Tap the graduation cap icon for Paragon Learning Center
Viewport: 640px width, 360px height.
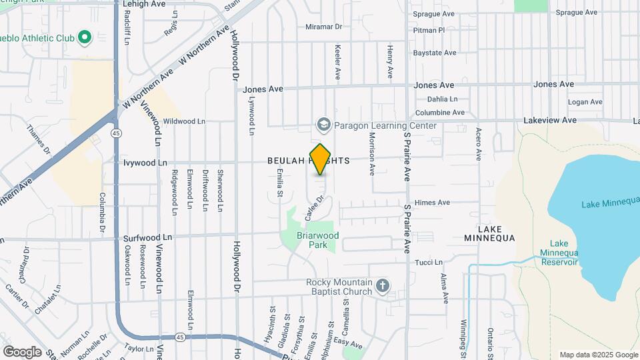coord(323,125)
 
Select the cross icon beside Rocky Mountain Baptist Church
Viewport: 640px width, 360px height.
coord(382,287)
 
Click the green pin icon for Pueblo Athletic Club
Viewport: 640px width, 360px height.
coord(85,37)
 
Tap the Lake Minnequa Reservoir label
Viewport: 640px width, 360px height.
coord(559,253)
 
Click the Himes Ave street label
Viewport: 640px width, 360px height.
coord(433,203)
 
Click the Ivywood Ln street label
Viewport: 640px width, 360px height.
coord(145,162)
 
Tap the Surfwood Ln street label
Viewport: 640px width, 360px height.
coord(147,237)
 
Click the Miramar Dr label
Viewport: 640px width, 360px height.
coord(323,27)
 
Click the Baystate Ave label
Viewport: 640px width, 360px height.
coord(435,52)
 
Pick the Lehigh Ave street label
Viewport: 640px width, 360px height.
coord(145,4)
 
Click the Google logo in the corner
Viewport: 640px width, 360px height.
coord(22,351)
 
